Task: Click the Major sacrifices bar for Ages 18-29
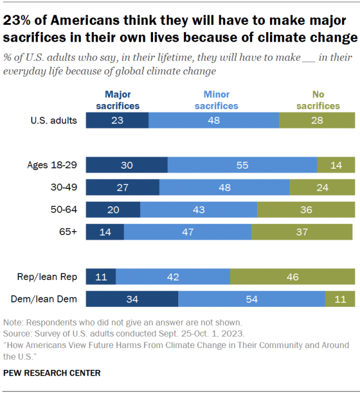(127, 165)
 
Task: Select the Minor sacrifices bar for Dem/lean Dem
(251, 299)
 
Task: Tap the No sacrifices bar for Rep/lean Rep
(292, 277)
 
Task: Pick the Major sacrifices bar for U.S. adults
(117, 120)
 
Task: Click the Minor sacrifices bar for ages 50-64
(199, 210)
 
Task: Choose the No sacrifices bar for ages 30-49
(322, 187)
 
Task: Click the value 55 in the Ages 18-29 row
(242, 165)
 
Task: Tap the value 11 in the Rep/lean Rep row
(101, 277)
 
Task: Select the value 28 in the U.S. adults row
(317, 120)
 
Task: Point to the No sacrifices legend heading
(318, 100)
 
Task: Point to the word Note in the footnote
(12, 323)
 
